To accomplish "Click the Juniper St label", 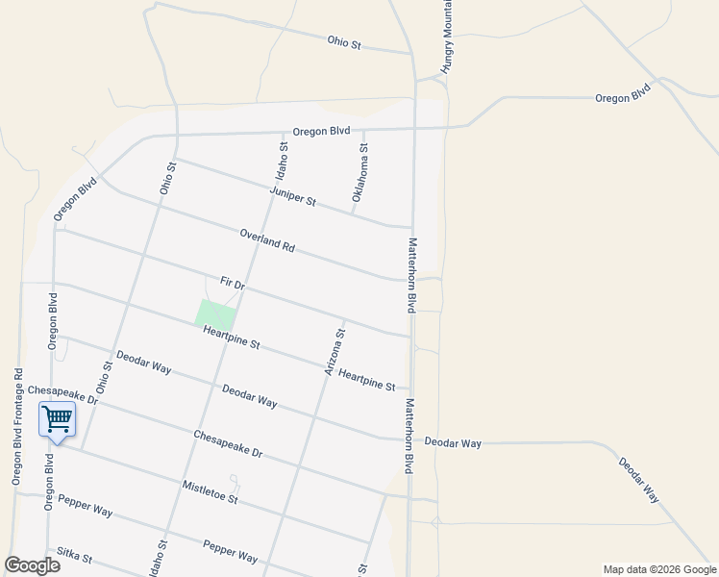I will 293,197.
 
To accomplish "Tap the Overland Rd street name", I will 267,239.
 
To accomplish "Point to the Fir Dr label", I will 233,285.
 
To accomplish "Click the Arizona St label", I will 335,352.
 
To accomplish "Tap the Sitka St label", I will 74,556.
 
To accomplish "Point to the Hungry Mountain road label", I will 446,38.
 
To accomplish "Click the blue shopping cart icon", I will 57,418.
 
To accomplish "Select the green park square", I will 215,314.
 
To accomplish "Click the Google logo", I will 32,565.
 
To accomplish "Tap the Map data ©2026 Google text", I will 658,569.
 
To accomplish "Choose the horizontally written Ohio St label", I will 343,42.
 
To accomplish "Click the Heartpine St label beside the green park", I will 232,338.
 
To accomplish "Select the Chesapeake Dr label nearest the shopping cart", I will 62,393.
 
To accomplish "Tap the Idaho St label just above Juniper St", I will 282,161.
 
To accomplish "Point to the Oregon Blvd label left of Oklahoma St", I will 321,131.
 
